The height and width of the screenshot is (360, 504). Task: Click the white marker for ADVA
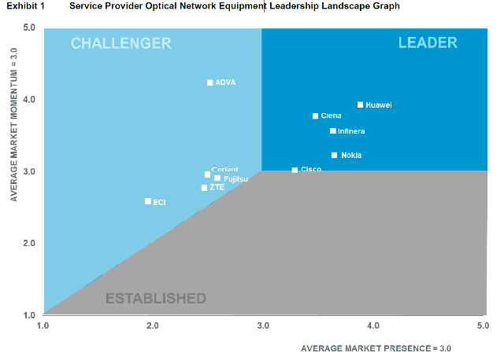point(209,83)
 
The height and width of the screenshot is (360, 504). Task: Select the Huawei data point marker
point(360,105)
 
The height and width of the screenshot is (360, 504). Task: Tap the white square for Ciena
point(315,116)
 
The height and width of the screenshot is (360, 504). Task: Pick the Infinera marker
point(332,131)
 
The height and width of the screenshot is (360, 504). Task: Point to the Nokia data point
point(334,156)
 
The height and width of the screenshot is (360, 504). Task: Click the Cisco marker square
point(295,170)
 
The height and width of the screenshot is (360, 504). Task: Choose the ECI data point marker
point(147,201)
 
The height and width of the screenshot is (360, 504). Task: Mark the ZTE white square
point(204,188)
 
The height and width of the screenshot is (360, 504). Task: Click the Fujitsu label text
point(236,179)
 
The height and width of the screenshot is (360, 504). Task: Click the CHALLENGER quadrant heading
point(120,43)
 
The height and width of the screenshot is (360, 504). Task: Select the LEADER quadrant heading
point(428,42)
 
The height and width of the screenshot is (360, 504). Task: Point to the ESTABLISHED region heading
point(155,299)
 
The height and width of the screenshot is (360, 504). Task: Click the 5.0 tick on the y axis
point(30,28)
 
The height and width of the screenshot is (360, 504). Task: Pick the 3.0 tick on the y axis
point(30,171)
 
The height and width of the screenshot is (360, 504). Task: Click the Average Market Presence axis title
point(376,347)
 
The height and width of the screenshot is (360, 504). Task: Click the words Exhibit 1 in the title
point(25,6)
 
